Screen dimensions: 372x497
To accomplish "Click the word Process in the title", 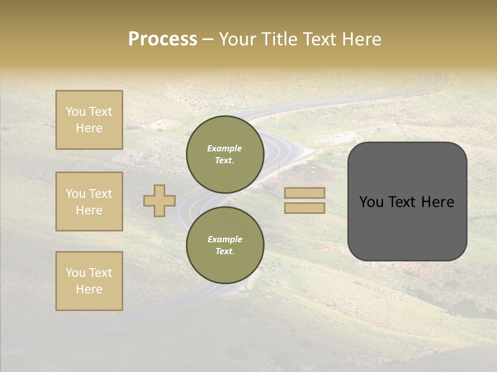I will pyautogui.click(x=163, y=39).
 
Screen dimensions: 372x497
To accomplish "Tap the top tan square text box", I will pyautogui.click(x=89, y=120).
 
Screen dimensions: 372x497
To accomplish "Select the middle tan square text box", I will pyautogui.click(x=89, y=202).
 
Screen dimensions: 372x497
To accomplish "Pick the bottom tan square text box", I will pyautogui.click(x=89, y=281).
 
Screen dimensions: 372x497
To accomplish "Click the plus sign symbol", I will pyautogui.click(x=159, y=200).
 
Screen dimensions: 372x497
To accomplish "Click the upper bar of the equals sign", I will pyautogui.click(x=305, y=193).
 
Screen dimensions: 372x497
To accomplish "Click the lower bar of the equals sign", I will pyautogui.click(x=305, y=208).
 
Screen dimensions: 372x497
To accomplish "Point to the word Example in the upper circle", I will pyautogui.click(x=225, y=148).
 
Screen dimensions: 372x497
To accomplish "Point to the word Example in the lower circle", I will pyautogui.click(x=225, y=239).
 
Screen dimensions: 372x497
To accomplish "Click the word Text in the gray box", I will pyautogui.click(x=406, y=202).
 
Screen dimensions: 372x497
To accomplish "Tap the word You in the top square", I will pyautogui.click(x=76, y=112).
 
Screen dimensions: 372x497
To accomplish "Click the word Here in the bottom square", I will pyautogui.click(x=89, y=289).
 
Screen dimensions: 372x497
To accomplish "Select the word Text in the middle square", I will pyautogui.click(x=100, y=194).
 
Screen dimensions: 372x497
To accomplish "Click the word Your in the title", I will pyautogui.click(x=239, y=39).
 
